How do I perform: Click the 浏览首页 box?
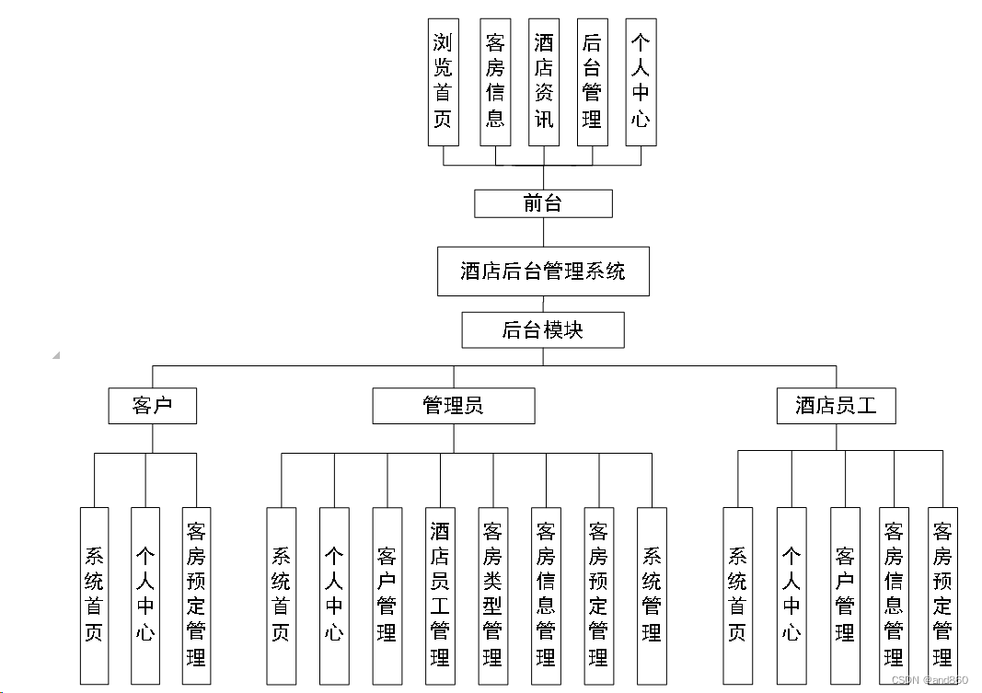444,82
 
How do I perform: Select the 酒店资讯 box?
544,82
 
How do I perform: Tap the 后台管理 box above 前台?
592,82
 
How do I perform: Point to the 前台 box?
543,203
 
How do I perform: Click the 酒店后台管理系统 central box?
543,271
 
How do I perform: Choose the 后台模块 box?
543,330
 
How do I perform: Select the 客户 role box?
153,406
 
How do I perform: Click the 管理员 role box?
454,406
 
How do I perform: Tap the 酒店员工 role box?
837,406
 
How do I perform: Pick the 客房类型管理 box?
492,595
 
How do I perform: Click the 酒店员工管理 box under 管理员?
440,595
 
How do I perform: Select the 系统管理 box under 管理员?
652,595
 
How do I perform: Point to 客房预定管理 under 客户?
196,595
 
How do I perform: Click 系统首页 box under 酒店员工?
737,595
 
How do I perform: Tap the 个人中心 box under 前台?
641,82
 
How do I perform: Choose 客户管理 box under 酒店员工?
845,595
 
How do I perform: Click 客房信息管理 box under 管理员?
546,595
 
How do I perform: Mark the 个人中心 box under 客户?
145,595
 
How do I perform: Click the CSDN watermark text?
930,680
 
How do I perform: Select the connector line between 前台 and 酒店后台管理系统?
543,232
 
